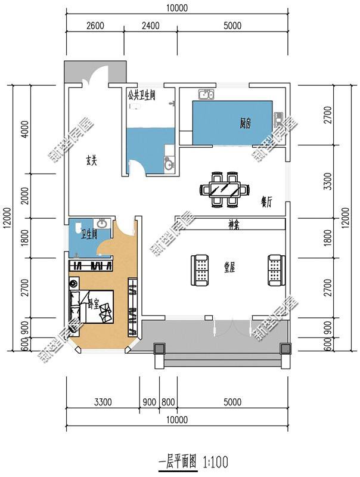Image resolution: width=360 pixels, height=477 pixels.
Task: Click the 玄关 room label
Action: pos(91,160)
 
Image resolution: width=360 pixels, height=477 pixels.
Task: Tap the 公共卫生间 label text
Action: pos(141,95)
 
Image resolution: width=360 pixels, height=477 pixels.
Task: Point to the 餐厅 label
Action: pos(266,202)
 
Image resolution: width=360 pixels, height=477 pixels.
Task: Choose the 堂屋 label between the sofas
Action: pos(229,268)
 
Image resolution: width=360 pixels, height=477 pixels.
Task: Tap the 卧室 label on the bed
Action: pos(94,303)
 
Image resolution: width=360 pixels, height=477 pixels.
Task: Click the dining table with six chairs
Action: pos(224,190)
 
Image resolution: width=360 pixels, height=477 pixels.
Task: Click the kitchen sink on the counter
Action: pos(206,94)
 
